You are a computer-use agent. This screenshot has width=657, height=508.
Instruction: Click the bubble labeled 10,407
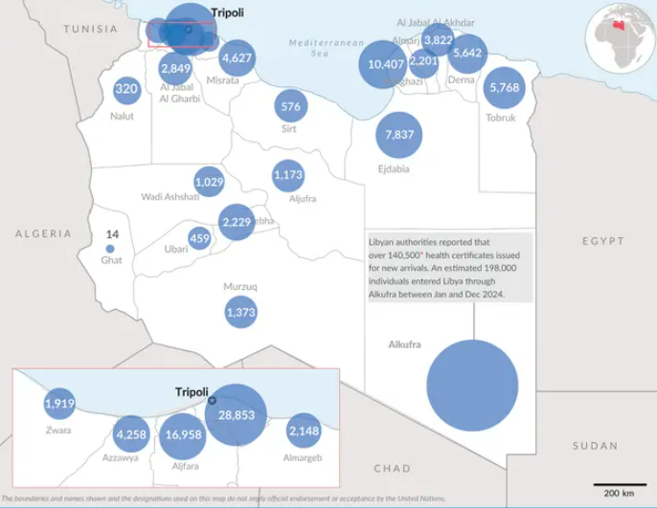[x=386, y=65]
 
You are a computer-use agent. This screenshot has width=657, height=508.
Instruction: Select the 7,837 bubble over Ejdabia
[x=399, y=135]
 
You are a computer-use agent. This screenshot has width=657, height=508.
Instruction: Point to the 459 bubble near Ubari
[x=199, y=238]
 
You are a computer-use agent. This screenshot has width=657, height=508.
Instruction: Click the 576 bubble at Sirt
[x=291, y=106]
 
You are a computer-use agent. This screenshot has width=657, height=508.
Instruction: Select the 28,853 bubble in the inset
[x=236, y=415]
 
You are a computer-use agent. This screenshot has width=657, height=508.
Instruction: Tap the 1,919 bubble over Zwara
[x=59, y=404]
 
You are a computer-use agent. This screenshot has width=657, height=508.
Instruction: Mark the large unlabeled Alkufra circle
[x=471, y=387]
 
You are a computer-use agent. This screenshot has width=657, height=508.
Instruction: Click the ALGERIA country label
[x=43, y=233]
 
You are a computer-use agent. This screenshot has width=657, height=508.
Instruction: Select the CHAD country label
[x=392, y=469]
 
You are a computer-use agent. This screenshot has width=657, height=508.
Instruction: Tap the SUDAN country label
[x=595, y=446]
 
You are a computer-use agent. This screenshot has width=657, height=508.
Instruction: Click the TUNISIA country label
[x=91, y=29]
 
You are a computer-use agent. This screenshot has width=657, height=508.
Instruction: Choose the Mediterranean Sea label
[x=327, y=48]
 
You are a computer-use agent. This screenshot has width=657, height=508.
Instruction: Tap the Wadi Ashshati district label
[x=170, y=197]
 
